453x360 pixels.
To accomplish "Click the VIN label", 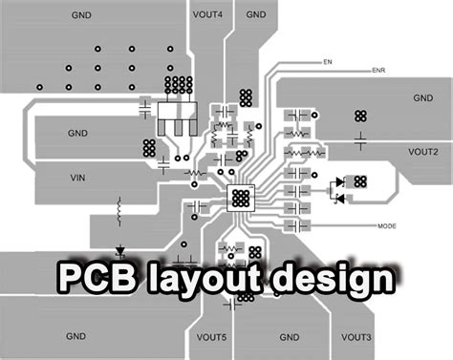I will pos(78,179).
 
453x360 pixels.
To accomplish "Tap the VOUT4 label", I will pos(207,15).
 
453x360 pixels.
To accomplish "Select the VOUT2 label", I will pos(422,152).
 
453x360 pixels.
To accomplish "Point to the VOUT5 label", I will pos(211,337).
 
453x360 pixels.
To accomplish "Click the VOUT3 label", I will pos(355,337).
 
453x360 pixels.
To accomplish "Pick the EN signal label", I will pos(327,62).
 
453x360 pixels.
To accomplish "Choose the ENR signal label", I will pos(378,71).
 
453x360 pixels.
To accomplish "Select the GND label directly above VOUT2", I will pos(422,98).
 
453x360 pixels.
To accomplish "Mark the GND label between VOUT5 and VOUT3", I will pos(290,337).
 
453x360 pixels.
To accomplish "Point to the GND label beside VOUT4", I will pos(255,15).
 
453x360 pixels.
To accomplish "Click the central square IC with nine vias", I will pos(240,198).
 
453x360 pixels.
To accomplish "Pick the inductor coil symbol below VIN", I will pos(119,207).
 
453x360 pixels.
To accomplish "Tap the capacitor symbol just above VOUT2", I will pos(360,141).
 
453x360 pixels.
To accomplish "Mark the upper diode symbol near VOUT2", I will pos(337,182).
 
